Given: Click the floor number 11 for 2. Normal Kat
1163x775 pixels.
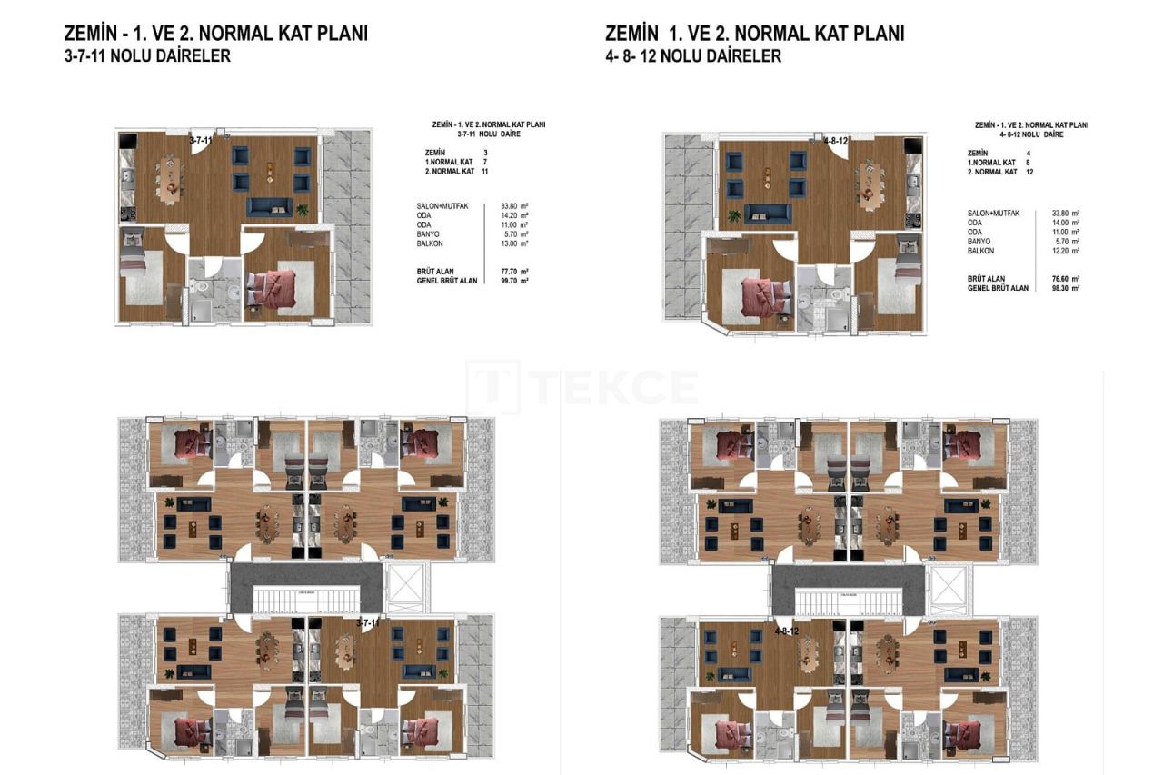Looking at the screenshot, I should click(x=485, y=171).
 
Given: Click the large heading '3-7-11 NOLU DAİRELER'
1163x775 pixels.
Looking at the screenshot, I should click(x=147, y=56).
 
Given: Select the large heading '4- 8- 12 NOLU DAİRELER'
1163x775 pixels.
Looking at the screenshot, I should click(x=693, y=56).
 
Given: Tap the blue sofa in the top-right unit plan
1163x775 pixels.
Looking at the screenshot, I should click(x=768, y=213).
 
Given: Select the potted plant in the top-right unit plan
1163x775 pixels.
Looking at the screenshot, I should click(x=733, y=216).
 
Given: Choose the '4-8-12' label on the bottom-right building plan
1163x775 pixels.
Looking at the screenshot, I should click(x=787, y=631).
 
